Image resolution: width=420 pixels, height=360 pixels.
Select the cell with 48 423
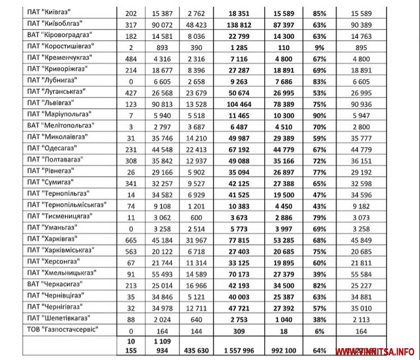pyautogui.click(x=190, y=23)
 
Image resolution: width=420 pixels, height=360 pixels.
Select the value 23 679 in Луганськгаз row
pyautogui.click(x=190, y=91)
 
